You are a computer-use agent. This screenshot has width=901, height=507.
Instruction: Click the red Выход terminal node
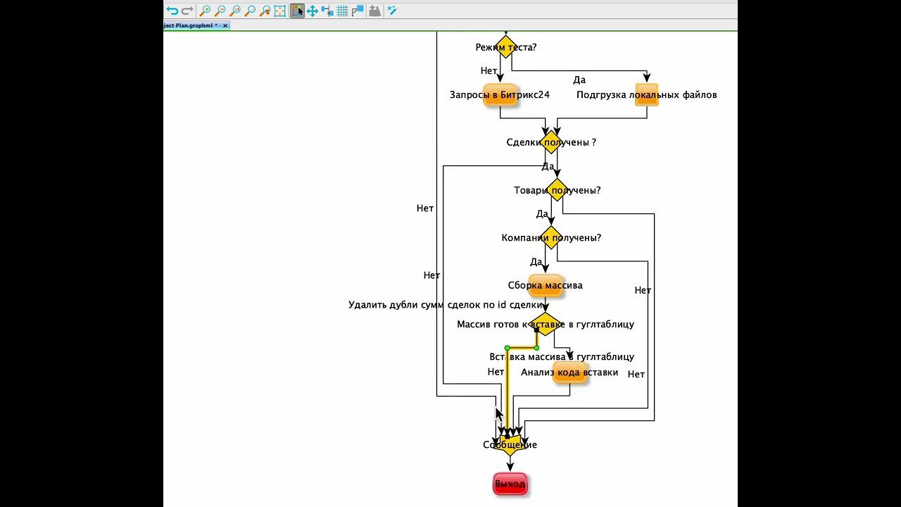510,484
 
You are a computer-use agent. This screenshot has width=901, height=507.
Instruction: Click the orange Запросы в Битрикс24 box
500,95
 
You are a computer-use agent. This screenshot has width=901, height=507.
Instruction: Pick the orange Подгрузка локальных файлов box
646,95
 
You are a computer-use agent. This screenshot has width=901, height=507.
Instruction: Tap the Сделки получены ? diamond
551,142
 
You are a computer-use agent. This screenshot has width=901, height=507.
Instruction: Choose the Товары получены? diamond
557,190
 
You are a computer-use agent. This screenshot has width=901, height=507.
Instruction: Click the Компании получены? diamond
551,238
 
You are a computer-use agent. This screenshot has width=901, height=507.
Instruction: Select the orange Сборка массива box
545,285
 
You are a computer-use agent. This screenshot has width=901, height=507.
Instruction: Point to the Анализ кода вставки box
569,373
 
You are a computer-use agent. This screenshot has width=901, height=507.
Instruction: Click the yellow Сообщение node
510,445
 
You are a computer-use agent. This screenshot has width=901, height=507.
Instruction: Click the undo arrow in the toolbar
172,11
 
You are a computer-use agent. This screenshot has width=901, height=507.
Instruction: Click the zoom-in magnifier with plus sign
205,11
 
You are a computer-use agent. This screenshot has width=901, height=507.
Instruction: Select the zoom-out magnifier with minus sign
220,11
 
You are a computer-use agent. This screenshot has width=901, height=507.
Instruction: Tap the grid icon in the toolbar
342,11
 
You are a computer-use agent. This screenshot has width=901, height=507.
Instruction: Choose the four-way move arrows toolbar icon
312,11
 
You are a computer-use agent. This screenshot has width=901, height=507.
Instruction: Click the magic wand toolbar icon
392,11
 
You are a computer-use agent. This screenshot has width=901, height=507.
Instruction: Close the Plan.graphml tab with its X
225,25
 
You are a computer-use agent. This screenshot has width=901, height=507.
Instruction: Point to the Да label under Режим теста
579,80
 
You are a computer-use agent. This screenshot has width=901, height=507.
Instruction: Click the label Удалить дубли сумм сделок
446,305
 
